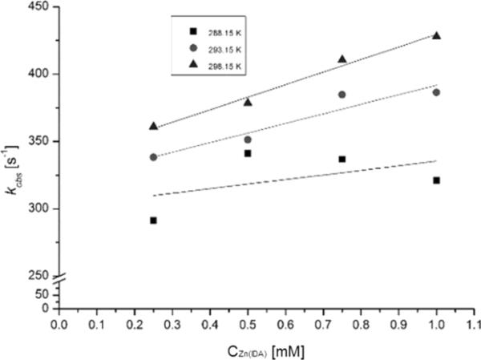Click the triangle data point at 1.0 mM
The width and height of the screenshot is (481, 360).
(x=436, y=35)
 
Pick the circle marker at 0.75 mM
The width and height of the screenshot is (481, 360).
(x=342, y=95)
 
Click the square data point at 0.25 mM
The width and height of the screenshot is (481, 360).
(x=153, y=220)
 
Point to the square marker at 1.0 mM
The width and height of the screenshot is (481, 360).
(x=436, y=180)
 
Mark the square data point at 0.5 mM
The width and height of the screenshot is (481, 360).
(x=248, y=153)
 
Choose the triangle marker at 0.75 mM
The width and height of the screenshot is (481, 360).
(x=342, y=59)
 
